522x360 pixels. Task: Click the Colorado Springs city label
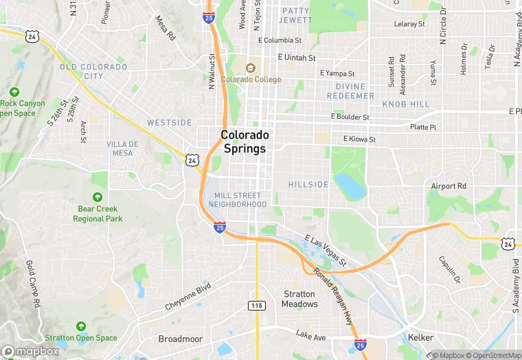[245, 142]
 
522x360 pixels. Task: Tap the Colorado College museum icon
[250, 68]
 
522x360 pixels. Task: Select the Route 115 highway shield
[257, 304]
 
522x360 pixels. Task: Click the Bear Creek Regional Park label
[98, 214]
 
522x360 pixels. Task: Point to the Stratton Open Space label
[81, 337]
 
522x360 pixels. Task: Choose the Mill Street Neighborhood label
[237, 200]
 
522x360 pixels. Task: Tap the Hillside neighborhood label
[308, 185]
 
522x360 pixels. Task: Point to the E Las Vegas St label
[324, 249]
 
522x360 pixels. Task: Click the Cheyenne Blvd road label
[187, 297]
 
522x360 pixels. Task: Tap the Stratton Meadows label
[300, 299]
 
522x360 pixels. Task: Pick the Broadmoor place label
[180, 339]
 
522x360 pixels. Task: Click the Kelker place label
[420, 339]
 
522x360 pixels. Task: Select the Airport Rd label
[449, 186]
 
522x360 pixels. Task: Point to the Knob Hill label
[405, 104]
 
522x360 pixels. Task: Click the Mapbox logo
[30, 351]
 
